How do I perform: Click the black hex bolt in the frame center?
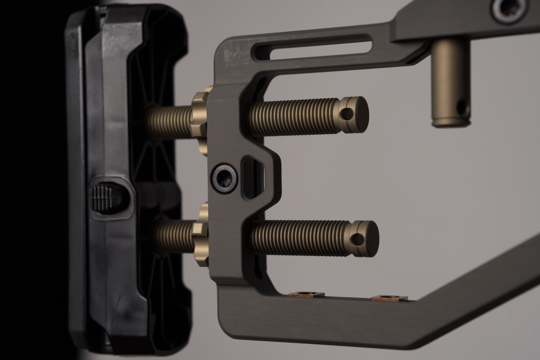tap(225, 178)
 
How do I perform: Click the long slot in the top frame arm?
tap(313, 47)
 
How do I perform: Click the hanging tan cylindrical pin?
tap(451, 82)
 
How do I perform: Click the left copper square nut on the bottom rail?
tap(306, 295)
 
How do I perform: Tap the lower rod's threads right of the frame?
tap(301, 238)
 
